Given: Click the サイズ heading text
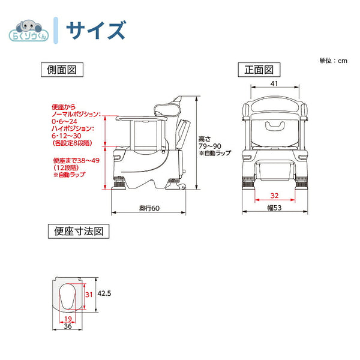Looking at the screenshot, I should coord(95,29).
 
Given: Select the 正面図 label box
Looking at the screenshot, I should coord(258,70).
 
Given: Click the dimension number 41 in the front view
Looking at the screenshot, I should coord(274,85).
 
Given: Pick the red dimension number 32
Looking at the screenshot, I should coord(274,195).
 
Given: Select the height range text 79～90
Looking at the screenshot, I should coord(209,146).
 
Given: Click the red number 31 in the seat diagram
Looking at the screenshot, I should coord(88,294).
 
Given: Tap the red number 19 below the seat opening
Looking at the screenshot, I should coord(68,319).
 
